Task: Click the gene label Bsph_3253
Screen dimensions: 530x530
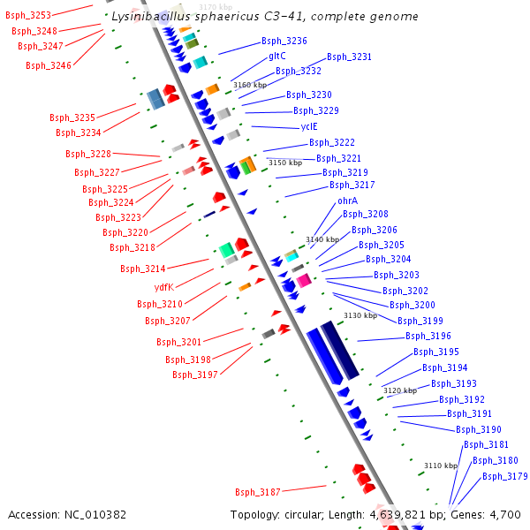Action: coord(28,15)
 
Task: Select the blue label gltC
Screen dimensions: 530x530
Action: coord(277,56)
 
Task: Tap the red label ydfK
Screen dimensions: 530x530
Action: coord(164,287)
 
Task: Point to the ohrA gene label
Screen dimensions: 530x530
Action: coord(348,201)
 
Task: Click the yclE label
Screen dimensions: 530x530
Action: coord(309,126)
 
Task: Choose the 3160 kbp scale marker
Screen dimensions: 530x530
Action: coord(249,85)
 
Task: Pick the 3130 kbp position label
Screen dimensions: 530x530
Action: coord(360,315)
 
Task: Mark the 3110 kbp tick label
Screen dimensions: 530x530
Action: coord(440,466)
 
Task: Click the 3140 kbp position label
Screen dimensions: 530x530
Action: coord(322,239)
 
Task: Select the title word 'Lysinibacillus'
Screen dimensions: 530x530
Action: coord(153,17)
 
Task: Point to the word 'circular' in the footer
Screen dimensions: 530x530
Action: coord(312,514)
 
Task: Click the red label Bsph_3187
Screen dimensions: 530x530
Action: coord(258,492)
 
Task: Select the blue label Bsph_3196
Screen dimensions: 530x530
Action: coord(428,336)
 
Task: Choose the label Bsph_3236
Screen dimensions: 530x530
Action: coord(284,41)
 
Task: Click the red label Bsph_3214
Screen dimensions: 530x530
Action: coord(143,269)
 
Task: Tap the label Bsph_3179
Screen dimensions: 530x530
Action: coord(505,476)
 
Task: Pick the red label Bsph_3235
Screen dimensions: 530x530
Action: coord(72,117)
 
